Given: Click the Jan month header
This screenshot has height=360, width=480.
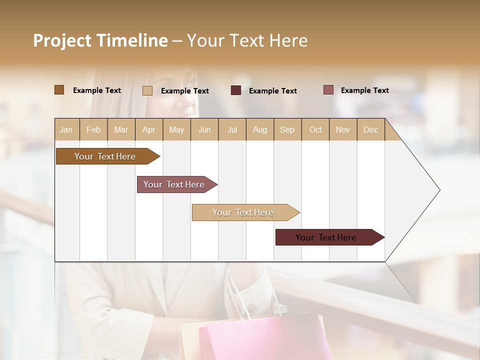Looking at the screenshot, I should pyautogui.click(x=66, y=129).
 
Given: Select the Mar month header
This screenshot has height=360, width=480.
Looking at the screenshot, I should pyautogui.click(x=121, y=129).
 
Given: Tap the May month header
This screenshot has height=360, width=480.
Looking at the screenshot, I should pyautogui.click(x=176, y=129).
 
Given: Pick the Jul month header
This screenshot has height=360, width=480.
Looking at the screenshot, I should pyautogui.click(x=232, y=129).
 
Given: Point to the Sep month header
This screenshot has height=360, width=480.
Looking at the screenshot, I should pyautogui.click(x=287, y=129).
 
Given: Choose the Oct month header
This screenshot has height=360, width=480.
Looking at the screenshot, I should pyautogui.click(x=315, y=129).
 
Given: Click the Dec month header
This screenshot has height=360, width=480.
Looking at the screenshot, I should pyautogui.click(x=370, y=129).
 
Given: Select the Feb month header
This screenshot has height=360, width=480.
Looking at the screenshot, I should pyautogui.click(x=93, y=129).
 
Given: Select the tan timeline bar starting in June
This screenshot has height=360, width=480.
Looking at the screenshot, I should pyautogui.click(x=243, y=212).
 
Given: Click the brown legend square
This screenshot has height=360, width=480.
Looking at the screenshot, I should pyautogui.click(x=59, y=90).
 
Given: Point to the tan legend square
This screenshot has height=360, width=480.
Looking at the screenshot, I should pyautogui.click(x=147, y=90).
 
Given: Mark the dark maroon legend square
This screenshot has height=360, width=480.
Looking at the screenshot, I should pyautogui.click(x=236, y=90).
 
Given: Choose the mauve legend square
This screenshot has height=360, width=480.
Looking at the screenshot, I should pyautogui.click(x=328, y=90).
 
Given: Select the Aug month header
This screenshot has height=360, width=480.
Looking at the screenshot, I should pyautogui.click(x=259, y=129).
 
